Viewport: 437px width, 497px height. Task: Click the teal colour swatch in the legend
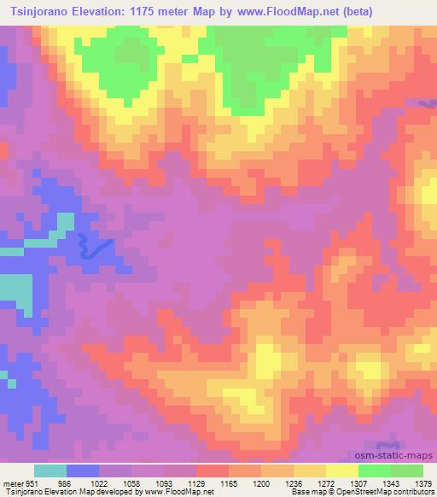(x=50, y=471)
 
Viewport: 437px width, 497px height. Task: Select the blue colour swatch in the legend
(x=83, y=471)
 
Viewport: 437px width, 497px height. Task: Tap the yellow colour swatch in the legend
(x=341, y=471)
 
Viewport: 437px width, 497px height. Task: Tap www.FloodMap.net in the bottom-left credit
(x=179, y=493)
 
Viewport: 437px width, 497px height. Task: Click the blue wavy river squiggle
(x=94, y=248)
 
